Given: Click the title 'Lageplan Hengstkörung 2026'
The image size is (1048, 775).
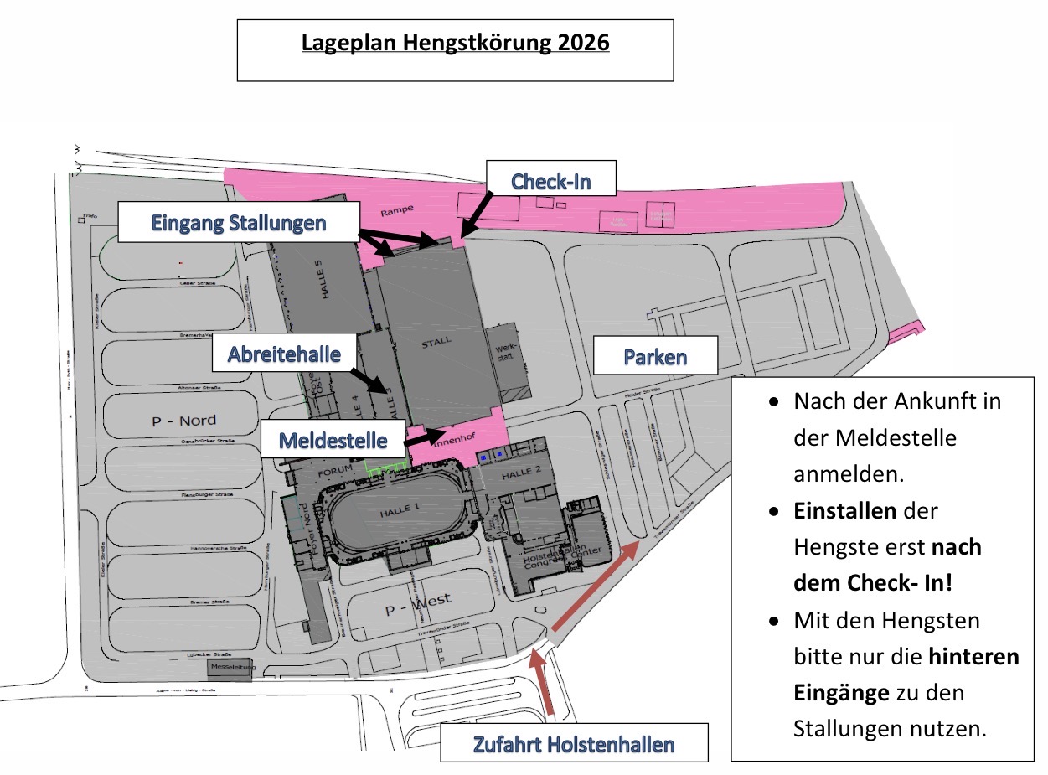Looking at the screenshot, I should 455,44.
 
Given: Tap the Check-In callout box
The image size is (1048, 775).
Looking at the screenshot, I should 551,179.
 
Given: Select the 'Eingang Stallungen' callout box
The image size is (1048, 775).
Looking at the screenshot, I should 239,223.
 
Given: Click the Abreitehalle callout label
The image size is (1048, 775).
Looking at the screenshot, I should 284,354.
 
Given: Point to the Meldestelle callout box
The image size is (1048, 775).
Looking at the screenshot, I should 333,440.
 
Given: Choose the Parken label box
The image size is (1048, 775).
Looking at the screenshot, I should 655,356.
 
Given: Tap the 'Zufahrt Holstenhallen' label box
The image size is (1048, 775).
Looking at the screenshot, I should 574,744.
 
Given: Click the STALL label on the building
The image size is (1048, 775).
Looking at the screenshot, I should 436,340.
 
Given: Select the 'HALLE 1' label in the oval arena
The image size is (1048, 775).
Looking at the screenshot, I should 397,509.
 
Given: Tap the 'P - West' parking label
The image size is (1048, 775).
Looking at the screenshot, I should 418,603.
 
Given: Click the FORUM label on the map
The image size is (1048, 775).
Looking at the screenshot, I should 337,473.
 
